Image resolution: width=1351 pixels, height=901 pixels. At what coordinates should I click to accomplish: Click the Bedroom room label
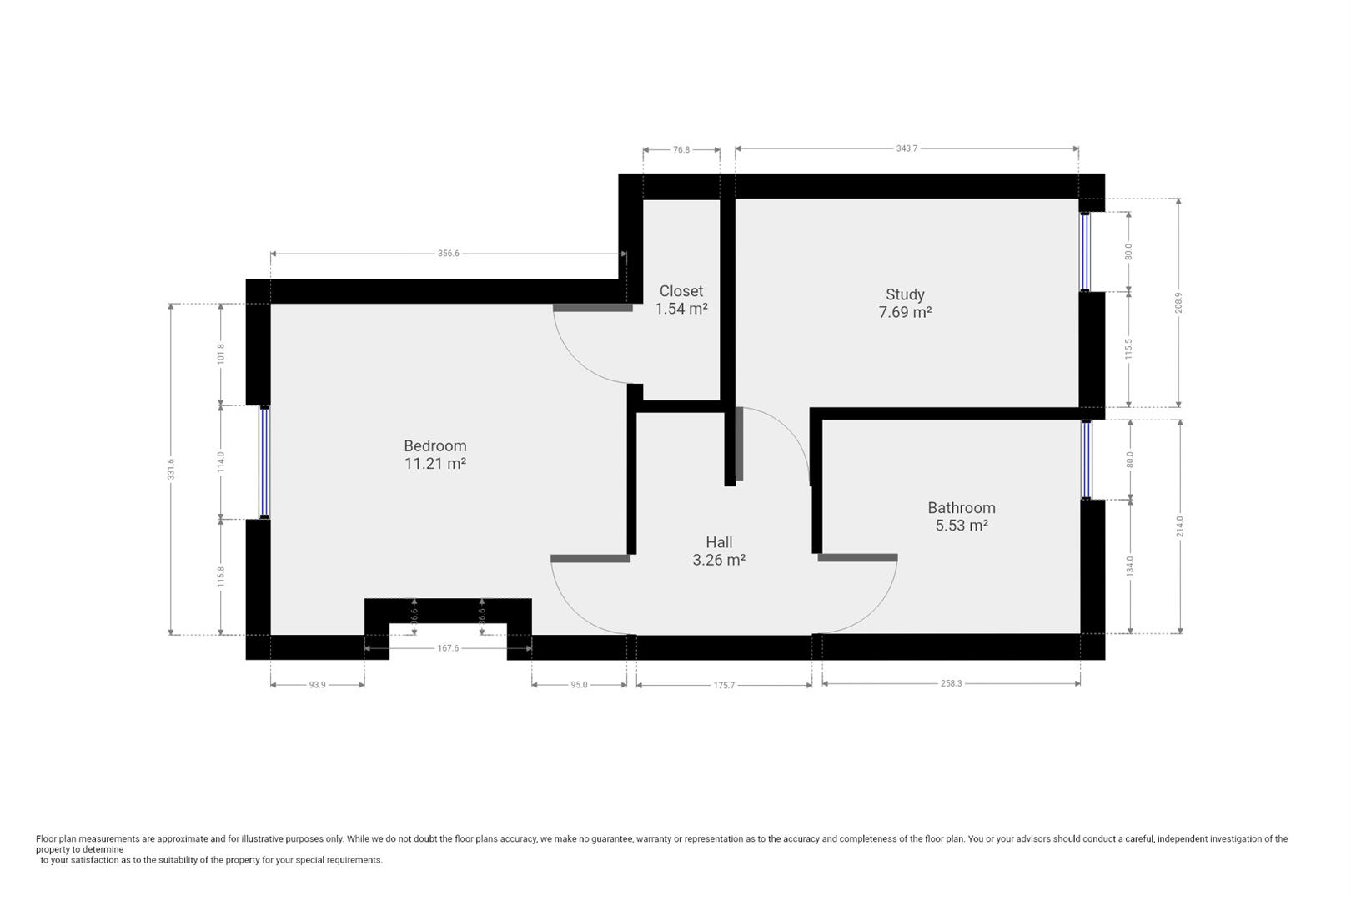434,446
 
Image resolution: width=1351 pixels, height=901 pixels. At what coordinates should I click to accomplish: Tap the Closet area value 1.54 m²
681,309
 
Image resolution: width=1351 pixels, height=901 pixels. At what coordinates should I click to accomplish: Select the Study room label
905,294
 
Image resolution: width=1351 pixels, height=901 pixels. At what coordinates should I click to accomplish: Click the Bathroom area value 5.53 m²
962,526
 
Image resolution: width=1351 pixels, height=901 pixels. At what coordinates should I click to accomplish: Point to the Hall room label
719,542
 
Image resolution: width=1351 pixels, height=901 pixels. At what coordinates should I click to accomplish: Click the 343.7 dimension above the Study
907,148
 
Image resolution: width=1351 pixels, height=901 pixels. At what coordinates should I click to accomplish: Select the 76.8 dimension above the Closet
681,150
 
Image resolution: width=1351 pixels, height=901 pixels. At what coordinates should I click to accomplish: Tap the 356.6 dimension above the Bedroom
449,254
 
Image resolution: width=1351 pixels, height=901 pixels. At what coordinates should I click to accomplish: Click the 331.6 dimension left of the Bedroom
171,469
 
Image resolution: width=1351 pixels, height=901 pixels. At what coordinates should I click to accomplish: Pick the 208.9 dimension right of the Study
1178,302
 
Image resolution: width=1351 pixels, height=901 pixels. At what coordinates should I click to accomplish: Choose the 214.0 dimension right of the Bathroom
1180,526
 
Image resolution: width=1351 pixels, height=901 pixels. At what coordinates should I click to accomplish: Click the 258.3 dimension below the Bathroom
952,683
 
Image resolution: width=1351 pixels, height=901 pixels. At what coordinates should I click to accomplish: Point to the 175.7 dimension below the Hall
724,686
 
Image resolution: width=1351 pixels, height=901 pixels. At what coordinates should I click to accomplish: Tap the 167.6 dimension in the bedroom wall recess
448,648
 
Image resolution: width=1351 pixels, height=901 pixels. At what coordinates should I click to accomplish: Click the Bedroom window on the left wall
264,462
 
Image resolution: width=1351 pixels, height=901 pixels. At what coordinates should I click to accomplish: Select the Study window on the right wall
1085,251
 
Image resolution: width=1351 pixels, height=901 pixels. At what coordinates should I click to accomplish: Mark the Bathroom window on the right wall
1086,460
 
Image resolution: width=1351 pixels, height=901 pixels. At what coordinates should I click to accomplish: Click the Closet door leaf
592,308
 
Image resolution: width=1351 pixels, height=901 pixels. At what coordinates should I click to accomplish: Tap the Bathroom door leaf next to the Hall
857,557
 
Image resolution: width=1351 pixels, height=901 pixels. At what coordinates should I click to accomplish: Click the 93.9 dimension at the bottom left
317,685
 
